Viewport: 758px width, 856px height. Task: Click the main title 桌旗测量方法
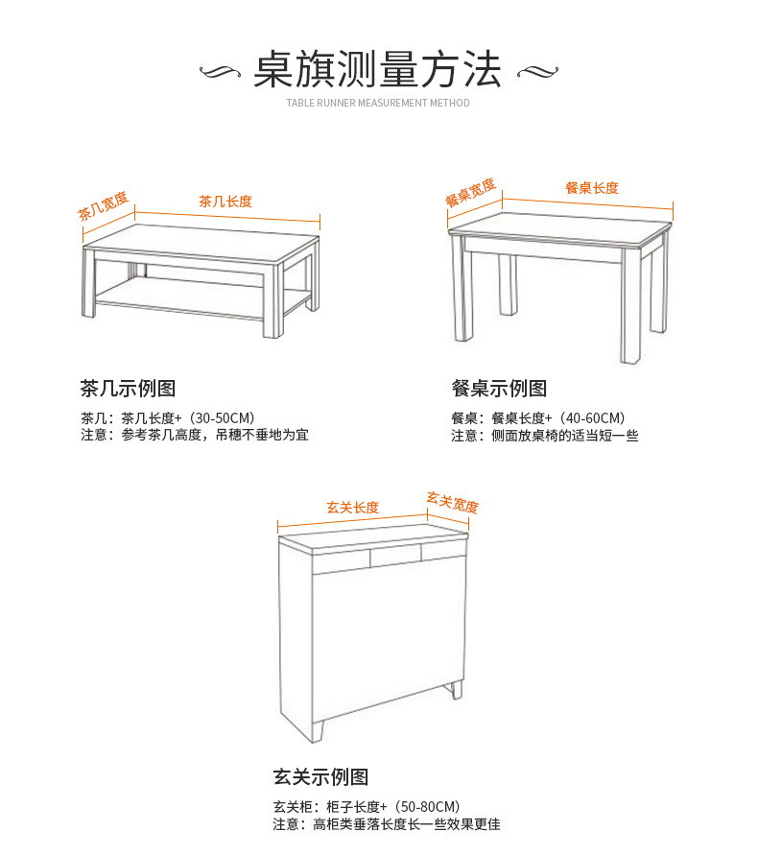click(x=378, y=70)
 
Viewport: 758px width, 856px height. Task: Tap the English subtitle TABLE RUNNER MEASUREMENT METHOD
click(x=378, y=103)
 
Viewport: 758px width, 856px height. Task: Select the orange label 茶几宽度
click(x=103, y=206)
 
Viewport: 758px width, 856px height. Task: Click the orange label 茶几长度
click(x=225, y=202)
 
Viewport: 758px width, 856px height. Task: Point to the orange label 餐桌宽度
click(x=470, y=192)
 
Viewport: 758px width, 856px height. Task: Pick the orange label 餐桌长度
click(x=592, y=188)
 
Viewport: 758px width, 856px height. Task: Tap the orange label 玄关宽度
click(x=453, y=502)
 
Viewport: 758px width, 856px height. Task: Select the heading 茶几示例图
click(x=128, y=389)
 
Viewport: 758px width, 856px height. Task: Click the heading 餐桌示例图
click(x=499, y=389)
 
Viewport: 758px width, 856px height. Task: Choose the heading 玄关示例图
click(x=320, y=777)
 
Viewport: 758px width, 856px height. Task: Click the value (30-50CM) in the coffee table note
click(x=222, y=418)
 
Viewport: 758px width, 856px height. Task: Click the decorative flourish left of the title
click(x=223, y=72)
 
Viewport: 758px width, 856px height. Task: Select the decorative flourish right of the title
click(x=536, y=72)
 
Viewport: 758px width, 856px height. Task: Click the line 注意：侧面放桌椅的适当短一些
click(x=544, y=436)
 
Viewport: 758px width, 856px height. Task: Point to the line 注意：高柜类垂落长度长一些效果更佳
click(x=387, y=824)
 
